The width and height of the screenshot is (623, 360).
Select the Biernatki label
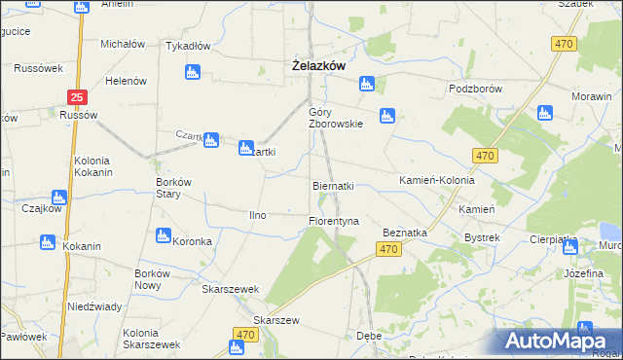coord(332,185)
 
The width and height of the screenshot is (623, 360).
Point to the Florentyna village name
coord(334,221)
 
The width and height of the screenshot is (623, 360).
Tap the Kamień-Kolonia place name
coord(437,181)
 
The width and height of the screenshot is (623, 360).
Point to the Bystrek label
coord(482,237)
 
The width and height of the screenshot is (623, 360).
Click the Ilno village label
coord(258,214)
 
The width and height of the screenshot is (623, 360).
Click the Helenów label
coord(126,81)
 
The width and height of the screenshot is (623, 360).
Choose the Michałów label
coord(123,45)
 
